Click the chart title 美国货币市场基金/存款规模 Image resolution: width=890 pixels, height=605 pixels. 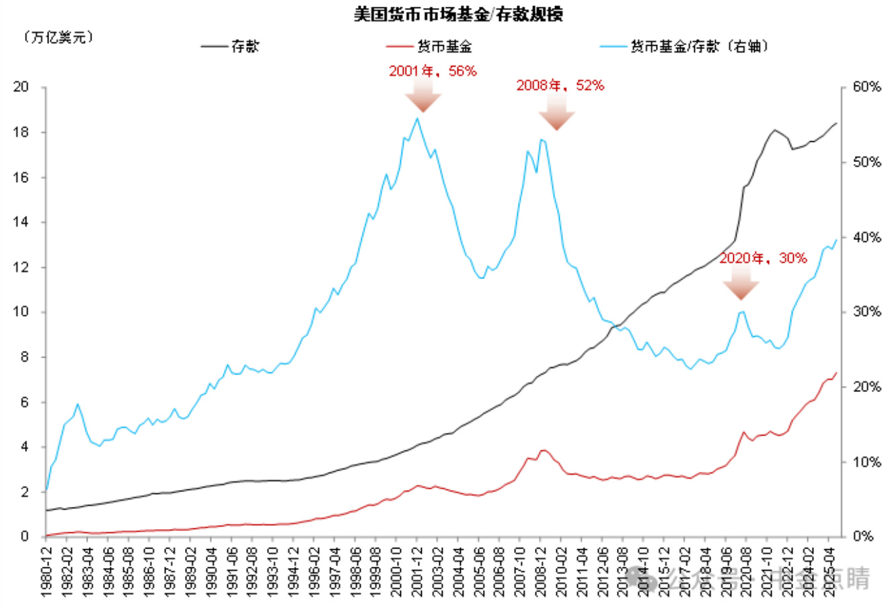tap(458, 14)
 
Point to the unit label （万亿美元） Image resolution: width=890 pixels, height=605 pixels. tap(59, 37)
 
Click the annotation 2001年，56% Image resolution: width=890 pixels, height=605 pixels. tap(433, 71)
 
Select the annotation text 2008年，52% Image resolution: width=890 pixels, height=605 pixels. tap(560, 85)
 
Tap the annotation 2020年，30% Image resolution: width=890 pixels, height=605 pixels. tap(763, 258)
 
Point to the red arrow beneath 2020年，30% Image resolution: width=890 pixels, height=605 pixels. tap(741, 283)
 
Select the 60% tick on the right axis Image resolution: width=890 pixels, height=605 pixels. tap(866, 87)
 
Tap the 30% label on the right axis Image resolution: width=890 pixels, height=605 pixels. tap(866, 312)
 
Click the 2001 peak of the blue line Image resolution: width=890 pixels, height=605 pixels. tap(417, 119)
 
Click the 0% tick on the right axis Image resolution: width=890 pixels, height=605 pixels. tap(863, 536)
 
